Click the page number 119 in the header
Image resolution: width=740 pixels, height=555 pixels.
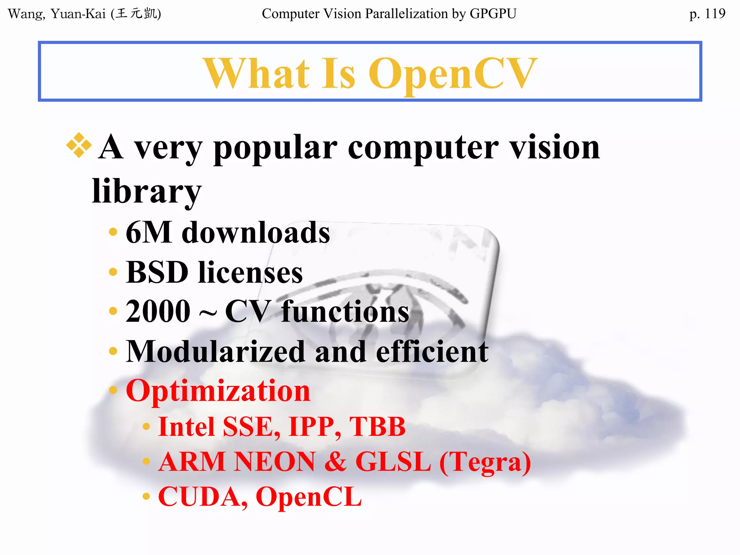714,14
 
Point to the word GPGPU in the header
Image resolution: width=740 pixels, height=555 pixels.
493,14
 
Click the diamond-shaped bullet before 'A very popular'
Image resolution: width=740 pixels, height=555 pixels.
79,145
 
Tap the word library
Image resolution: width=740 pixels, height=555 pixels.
146,191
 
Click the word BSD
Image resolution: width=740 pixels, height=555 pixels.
157,272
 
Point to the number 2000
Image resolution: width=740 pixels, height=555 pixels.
158,311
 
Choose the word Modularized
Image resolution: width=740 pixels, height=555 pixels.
215,351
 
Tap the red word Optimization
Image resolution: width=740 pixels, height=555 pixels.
218,391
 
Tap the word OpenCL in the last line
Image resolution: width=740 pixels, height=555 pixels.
309,497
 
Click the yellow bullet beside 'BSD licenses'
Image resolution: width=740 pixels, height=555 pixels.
113,272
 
